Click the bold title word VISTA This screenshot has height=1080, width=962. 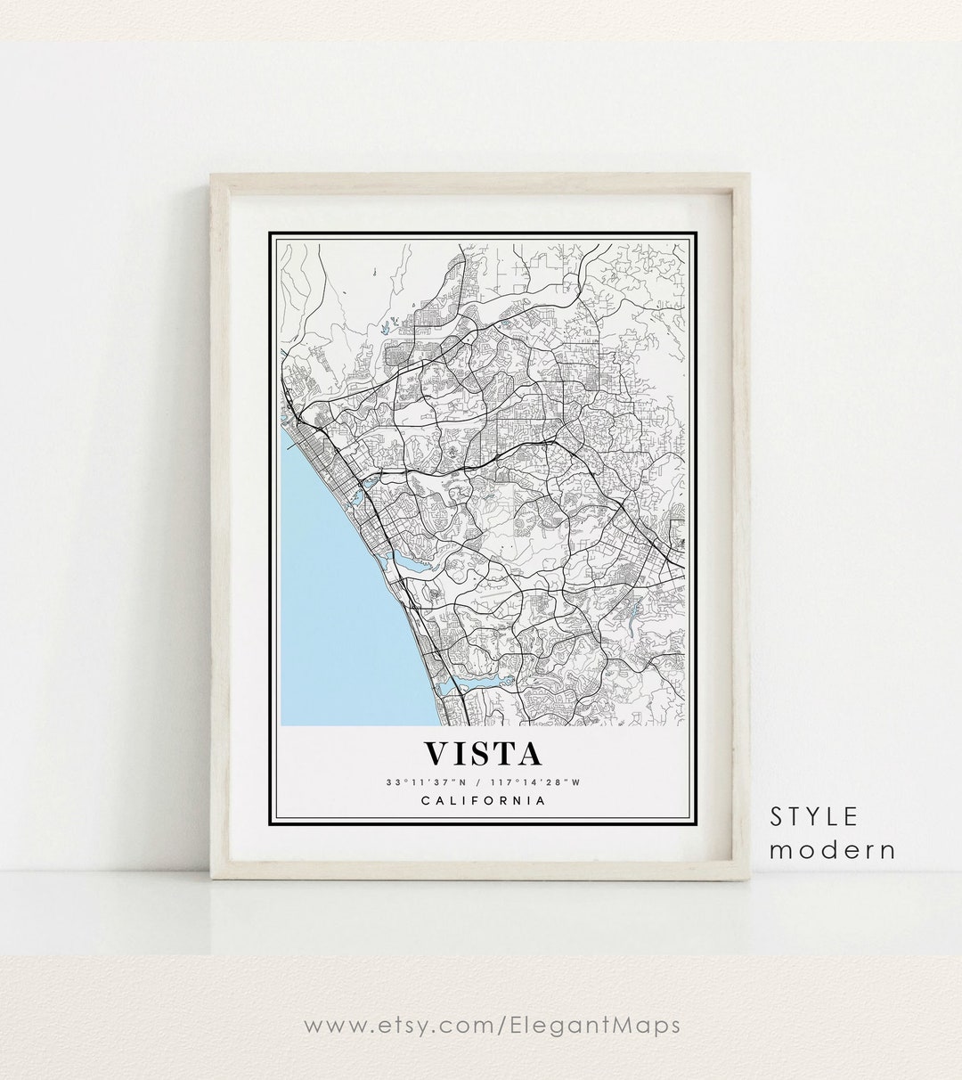(483, 753)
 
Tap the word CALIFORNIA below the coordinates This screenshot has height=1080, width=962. (483, 800)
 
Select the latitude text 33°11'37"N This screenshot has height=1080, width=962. (422, 782)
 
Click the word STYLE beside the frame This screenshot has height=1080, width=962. (814, 816)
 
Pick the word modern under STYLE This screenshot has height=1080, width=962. (833, 849)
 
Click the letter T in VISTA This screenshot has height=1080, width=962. (501, 753)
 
